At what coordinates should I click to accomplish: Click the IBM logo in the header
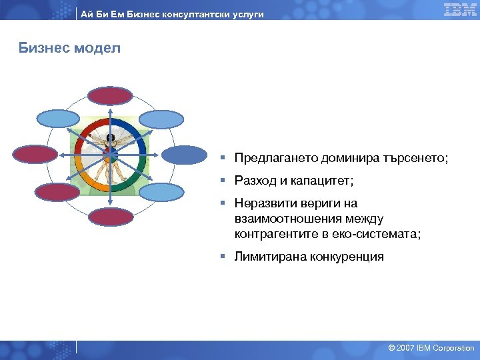pos(459,9)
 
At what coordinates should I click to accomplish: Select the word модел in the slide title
pos(101,49)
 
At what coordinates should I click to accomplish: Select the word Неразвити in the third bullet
pos(263,203)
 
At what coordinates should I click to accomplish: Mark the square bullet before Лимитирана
pos(227,257)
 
